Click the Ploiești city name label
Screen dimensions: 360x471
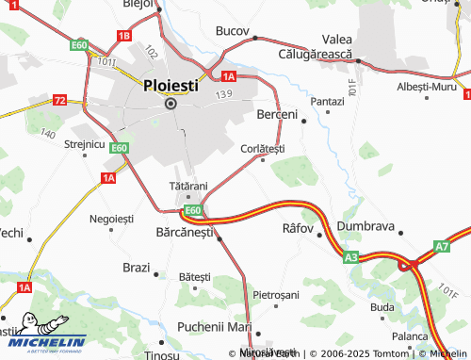point(171,84)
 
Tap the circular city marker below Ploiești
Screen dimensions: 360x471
point(171,104)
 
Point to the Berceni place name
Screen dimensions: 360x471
point(277,114)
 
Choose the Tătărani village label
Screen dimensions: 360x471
point(187,185)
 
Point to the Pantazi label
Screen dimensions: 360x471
point(328,101)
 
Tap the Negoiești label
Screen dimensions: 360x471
point(111,219)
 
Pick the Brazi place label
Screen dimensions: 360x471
point(137,268)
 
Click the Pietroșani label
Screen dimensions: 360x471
point(275,295)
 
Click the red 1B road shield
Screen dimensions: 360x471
point(123,36)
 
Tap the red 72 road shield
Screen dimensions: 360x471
point(60,100)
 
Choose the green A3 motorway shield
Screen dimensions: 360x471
point(350,255)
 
